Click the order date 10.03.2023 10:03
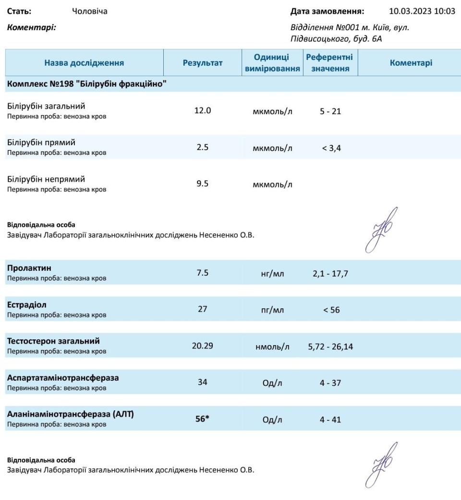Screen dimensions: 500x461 (x=421, y=11)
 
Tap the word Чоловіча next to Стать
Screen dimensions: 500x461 (x=89, y=11)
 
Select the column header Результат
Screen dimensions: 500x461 (x=202, y=63)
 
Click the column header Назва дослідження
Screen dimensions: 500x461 (x=84, y=63)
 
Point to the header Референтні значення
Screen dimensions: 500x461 (x=329, y=63)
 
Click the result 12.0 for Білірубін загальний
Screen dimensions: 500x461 (x=202, y=110)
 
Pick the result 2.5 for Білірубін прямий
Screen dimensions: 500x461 (x=202, y=147)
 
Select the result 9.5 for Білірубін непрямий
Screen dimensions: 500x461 (x=202, y=184)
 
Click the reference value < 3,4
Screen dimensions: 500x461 (x=331, y=148)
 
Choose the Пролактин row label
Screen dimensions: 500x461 (x=29, y=268)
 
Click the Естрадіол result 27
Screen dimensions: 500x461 (x=202, y=309)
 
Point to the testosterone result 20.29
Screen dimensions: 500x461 (x=202, y=346)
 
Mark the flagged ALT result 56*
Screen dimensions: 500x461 (x=202, y=419)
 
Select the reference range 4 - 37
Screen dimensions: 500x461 (x=331, y=384)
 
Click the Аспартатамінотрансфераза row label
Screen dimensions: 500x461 (x=62, y=378)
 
